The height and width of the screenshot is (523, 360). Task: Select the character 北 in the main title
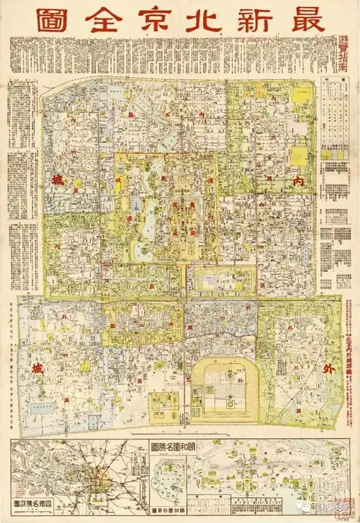[x=199, y=19]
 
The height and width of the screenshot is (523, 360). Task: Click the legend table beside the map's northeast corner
[x=336, y=115]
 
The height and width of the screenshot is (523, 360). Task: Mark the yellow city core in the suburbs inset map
[x=96, y=477]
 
